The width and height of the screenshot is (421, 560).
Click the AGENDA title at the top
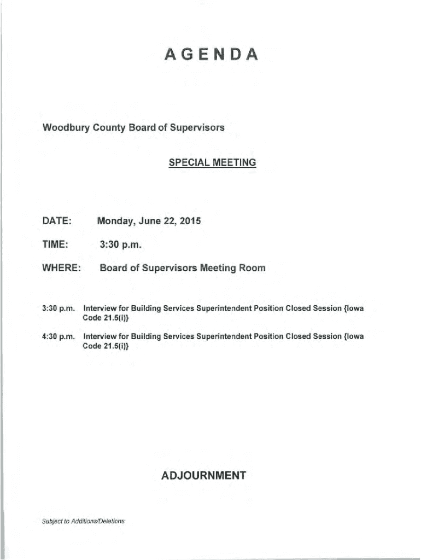210,55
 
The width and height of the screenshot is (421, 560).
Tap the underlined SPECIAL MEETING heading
212,162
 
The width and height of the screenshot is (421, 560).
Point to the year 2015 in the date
190,221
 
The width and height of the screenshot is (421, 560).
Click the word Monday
115,221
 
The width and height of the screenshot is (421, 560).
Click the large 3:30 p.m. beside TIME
121,245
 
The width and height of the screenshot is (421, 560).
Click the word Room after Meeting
252,269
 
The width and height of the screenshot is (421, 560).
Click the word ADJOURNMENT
203,476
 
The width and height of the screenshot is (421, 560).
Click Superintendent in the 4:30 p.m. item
223,336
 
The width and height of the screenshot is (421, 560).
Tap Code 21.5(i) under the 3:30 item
106,318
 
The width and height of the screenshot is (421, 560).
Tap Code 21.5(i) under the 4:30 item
106,346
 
